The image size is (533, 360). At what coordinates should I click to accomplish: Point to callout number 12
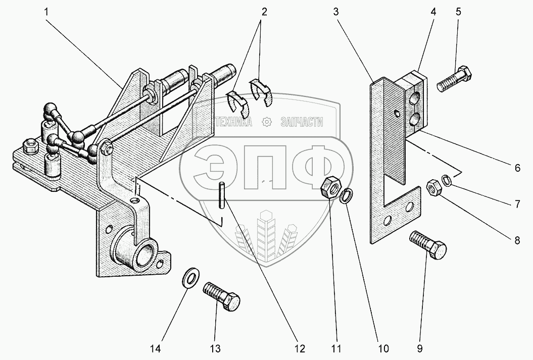tap(299, 348)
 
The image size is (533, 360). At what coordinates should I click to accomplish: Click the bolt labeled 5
tap(455, 79)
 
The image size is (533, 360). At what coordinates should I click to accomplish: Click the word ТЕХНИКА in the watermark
tap(232, 122)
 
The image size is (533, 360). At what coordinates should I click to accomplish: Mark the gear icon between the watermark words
tap(266, 122)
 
